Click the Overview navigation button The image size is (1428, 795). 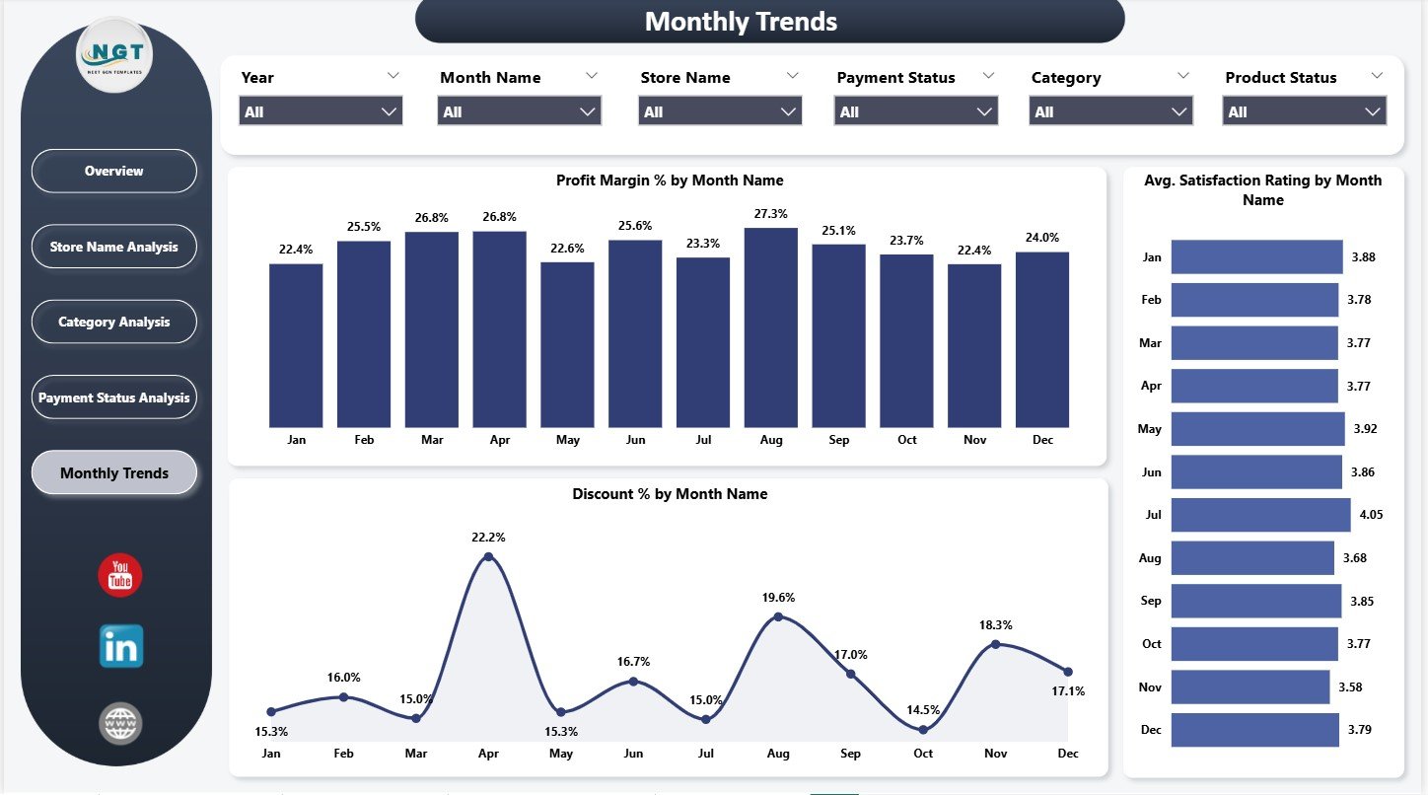(114, 171)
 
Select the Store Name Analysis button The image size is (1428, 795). (114, 247)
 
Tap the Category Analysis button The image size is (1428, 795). (114, 323)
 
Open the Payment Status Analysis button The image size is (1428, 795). (114, 397)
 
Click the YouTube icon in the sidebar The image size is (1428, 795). (120, 575)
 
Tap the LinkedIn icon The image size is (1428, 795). (121, 647)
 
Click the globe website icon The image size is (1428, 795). (120, 723)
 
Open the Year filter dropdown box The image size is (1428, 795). (321, 111)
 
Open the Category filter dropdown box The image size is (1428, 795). (1111, 111)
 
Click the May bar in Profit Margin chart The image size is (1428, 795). (567, 344)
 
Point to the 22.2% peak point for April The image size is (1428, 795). (488, 557)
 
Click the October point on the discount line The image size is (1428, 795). (923, 730)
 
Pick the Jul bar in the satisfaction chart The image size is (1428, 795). (1260, 515)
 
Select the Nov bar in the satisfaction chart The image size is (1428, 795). (1249, 687)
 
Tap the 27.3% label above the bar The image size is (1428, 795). (771, 213)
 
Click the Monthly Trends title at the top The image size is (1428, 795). (741, 22)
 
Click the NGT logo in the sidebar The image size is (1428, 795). (114, 55)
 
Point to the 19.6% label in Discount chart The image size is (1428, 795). (778, 598)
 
